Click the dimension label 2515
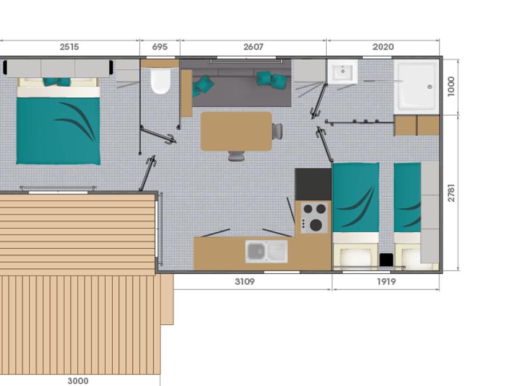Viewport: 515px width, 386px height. pyautogui.click(x=69, y=47)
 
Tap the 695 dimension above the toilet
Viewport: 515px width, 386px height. pyautogui.click(x=160, y=47)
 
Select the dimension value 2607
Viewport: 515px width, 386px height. pyautogui.click(x=253, y=47)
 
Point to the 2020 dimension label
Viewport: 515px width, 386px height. pyautogui.click(x=383, y=47)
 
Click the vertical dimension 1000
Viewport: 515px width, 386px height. pyautogui.click(x=451, y=86)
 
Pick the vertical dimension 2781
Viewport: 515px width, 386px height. pyautogui.click(x=451, y=193)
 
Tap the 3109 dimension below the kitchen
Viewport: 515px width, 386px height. pyautogui.click(x=245, y=281)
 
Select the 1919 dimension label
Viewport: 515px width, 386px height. pyautogui.click(x=386, y=281)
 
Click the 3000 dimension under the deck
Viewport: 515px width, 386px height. pyautogui.click(x=78, y=381)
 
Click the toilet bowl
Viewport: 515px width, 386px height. pyautogui.click(x=161, y=81)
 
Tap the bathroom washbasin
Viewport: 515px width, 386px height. pyautogui.click(x=343, y=71)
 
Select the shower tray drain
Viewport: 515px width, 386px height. pyautogui.click(x=430, y=87)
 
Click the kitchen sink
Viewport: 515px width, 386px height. pyautogui.click(x=266, y=252)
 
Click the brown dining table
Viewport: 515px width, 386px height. pyautogui.click(x=236, y=132)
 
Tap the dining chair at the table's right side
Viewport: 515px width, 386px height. pyautogui.click(x=277, y=132)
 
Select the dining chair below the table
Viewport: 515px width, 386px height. pyautogui.click(x=236, y=156)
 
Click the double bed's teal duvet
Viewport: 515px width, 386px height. pyautogui.click(x=58, y=130)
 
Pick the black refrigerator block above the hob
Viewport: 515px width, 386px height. pyautogui.click(x=313, y=185)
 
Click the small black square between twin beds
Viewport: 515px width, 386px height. pyautogui.click(x=386, y=260)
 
